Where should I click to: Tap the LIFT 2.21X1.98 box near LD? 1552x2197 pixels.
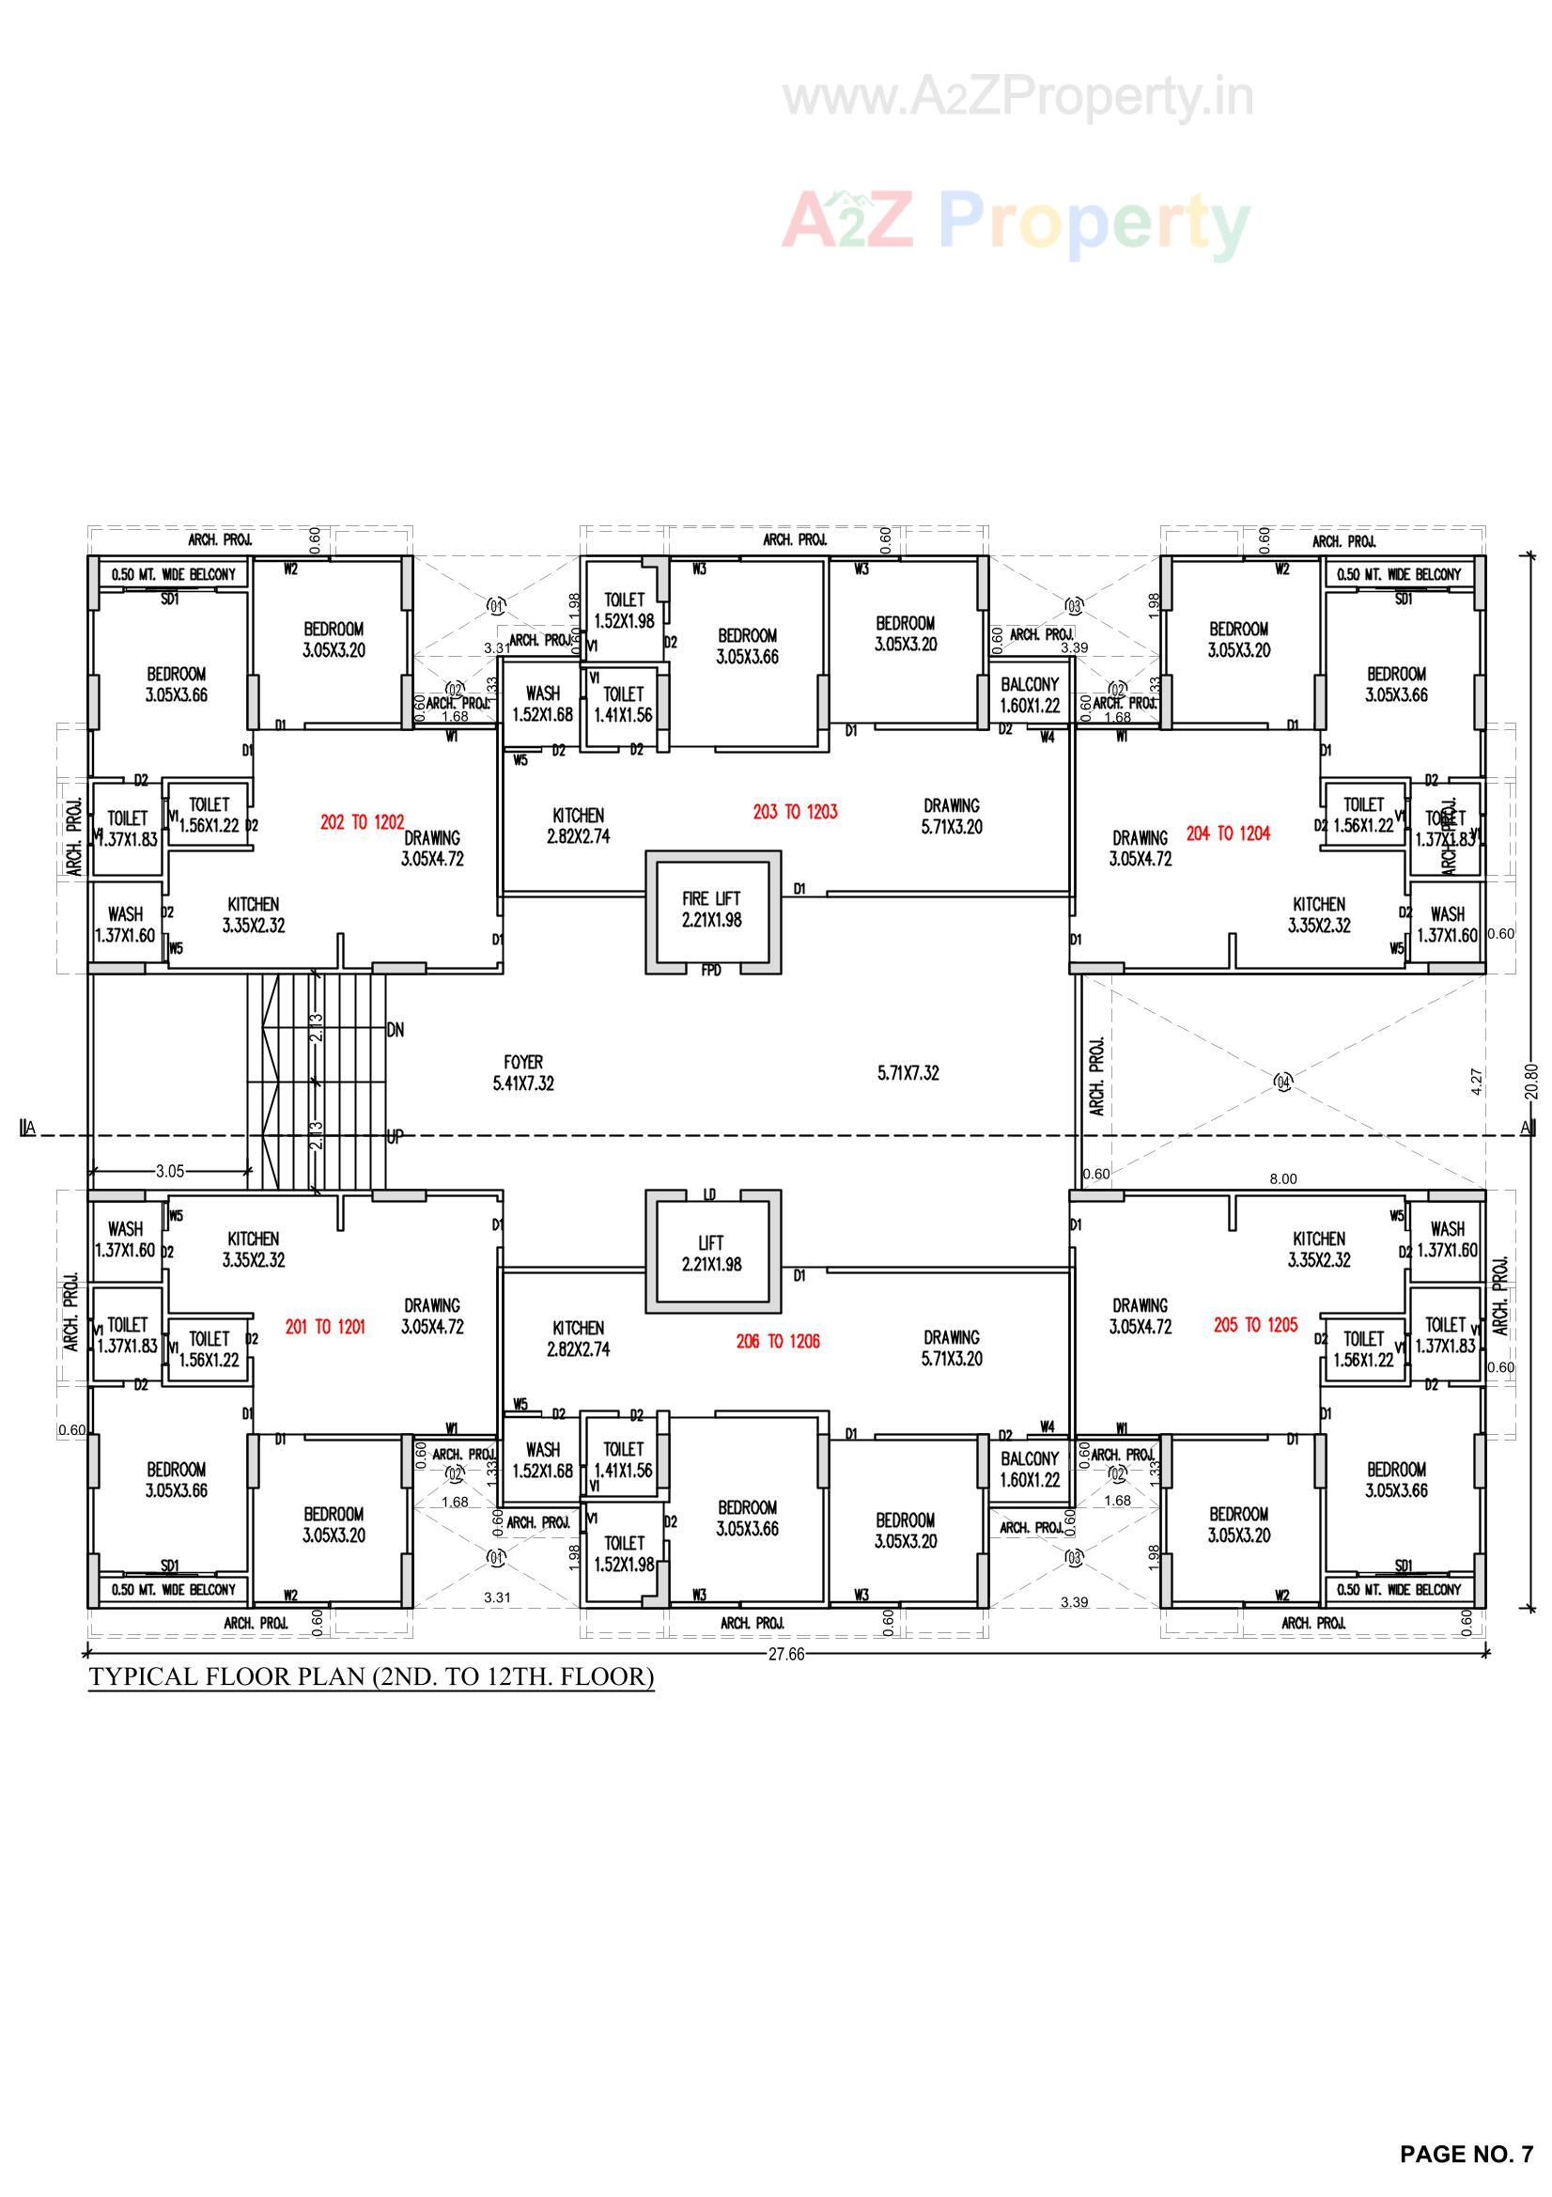point(711,1253)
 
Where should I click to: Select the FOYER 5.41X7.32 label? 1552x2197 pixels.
point(523,1073)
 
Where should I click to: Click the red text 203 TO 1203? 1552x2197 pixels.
point(794,813)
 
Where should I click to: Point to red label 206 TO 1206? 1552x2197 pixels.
point(777,1342)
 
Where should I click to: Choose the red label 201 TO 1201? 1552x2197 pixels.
point(324,1327)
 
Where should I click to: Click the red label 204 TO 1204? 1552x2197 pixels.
point(1228,834)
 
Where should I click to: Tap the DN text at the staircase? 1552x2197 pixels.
point(396,1031)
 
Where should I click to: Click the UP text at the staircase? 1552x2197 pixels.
point(395,1137)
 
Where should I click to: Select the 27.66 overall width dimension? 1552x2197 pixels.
point(785,1655)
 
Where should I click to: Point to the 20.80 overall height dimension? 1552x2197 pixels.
point(1531,1083)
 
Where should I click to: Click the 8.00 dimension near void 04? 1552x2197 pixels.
point(1282,1179)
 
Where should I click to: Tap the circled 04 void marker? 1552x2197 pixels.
point(1284,1083)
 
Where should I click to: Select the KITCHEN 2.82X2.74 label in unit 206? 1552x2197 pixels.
point(578,1339)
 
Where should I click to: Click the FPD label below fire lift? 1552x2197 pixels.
point(711,971)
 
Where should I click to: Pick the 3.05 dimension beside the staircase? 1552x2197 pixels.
point(169,1171)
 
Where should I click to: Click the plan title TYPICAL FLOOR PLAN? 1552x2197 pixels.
point(371,1677)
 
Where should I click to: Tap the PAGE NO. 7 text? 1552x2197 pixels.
point(1465,2154)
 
